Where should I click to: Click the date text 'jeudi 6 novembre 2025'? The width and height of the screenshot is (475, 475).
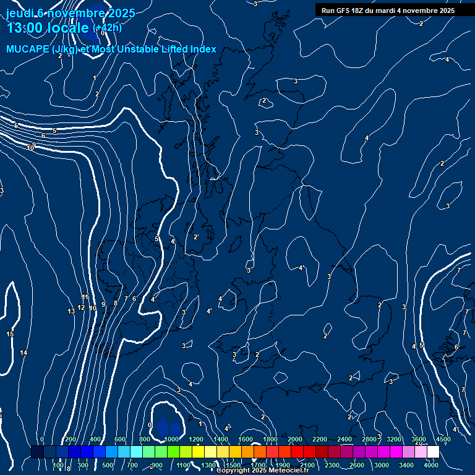click(71, 13)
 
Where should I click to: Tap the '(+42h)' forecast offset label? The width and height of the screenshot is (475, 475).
click(107, 28)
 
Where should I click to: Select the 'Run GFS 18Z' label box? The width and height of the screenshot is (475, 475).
click(388, 11)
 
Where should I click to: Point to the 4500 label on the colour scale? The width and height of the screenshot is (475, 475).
click(443, 439)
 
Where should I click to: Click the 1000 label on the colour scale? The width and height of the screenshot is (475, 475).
click(171, 439)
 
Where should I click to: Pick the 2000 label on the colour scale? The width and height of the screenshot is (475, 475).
click(295, 439)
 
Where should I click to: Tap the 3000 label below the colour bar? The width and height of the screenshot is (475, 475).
click(382, 465)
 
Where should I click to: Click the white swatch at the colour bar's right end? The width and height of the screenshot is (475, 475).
click(433, 452)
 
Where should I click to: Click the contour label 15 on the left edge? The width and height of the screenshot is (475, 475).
click(10, 335)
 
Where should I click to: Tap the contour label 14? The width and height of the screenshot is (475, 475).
click(24, 353)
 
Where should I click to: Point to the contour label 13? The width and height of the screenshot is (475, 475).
click(71, 311)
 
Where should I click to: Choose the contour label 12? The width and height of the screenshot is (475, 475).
click(81, 307)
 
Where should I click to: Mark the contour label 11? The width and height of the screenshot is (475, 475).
click(85, 297)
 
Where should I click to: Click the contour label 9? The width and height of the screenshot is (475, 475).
click(103, 304)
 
